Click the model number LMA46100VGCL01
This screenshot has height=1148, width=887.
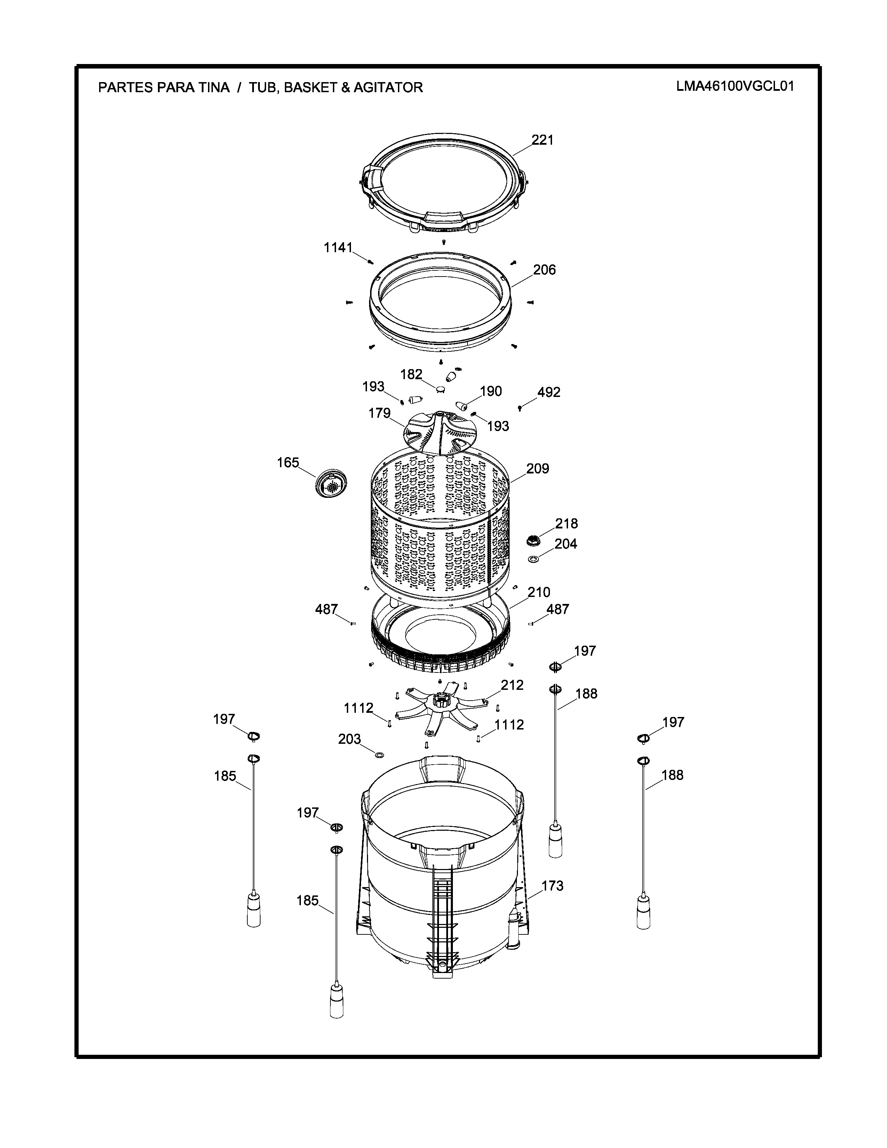point(735,86)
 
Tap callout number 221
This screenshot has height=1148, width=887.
point(542,140)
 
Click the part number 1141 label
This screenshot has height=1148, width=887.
point(338,248)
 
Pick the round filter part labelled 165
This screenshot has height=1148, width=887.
point(331,482)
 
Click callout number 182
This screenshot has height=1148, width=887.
point(411,374)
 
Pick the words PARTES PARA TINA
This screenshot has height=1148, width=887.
point(164,87)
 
